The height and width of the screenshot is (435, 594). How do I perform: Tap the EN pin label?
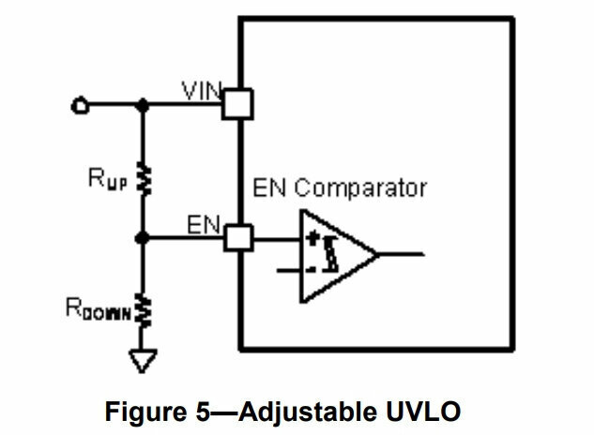click(202, 225)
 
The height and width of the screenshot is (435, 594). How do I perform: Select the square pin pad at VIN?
click(237, 104)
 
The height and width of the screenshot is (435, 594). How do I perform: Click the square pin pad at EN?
click(237, 239)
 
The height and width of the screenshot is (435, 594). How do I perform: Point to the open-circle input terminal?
click(80, 105)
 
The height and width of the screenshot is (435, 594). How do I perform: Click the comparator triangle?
click(333, 255)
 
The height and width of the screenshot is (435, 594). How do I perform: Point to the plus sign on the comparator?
click(311, 238)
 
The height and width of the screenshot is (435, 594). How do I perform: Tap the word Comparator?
click(366, 188)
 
